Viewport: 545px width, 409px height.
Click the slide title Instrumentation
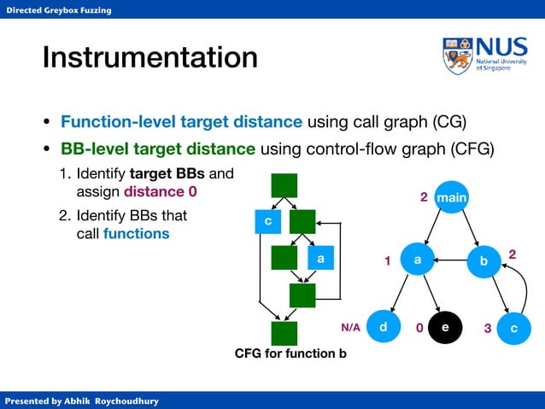coord(149,58)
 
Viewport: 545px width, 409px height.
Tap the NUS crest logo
coord(456,56)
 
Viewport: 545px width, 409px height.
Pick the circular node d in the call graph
coord(384,327)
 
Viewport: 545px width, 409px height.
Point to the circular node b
coord(484,261)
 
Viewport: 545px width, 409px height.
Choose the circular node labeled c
coord(513,328)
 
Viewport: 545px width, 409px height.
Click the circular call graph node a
coord(418,261)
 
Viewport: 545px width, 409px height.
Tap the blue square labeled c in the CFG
coord(268,222)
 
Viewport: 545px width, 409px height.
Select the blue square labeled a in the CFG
coord(320,257)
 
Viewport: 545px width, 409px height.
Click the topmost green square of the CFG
coord(284,186)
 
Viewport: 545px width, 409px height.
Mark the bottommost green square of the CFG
coord(284,333)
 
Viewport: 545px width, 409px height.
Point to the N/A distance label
coord(351,327)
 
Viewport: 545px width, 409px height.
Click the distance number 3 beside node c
coord(487,328)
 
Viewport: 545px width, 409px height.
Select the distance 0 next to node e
coord(419,328)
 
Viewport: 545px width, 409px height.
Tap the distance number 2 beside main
coord(423,198)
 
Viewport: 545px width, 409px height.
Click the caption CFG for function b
coord(290,353)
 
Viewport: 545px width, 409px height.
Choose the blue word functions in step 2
coord(136,233)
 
